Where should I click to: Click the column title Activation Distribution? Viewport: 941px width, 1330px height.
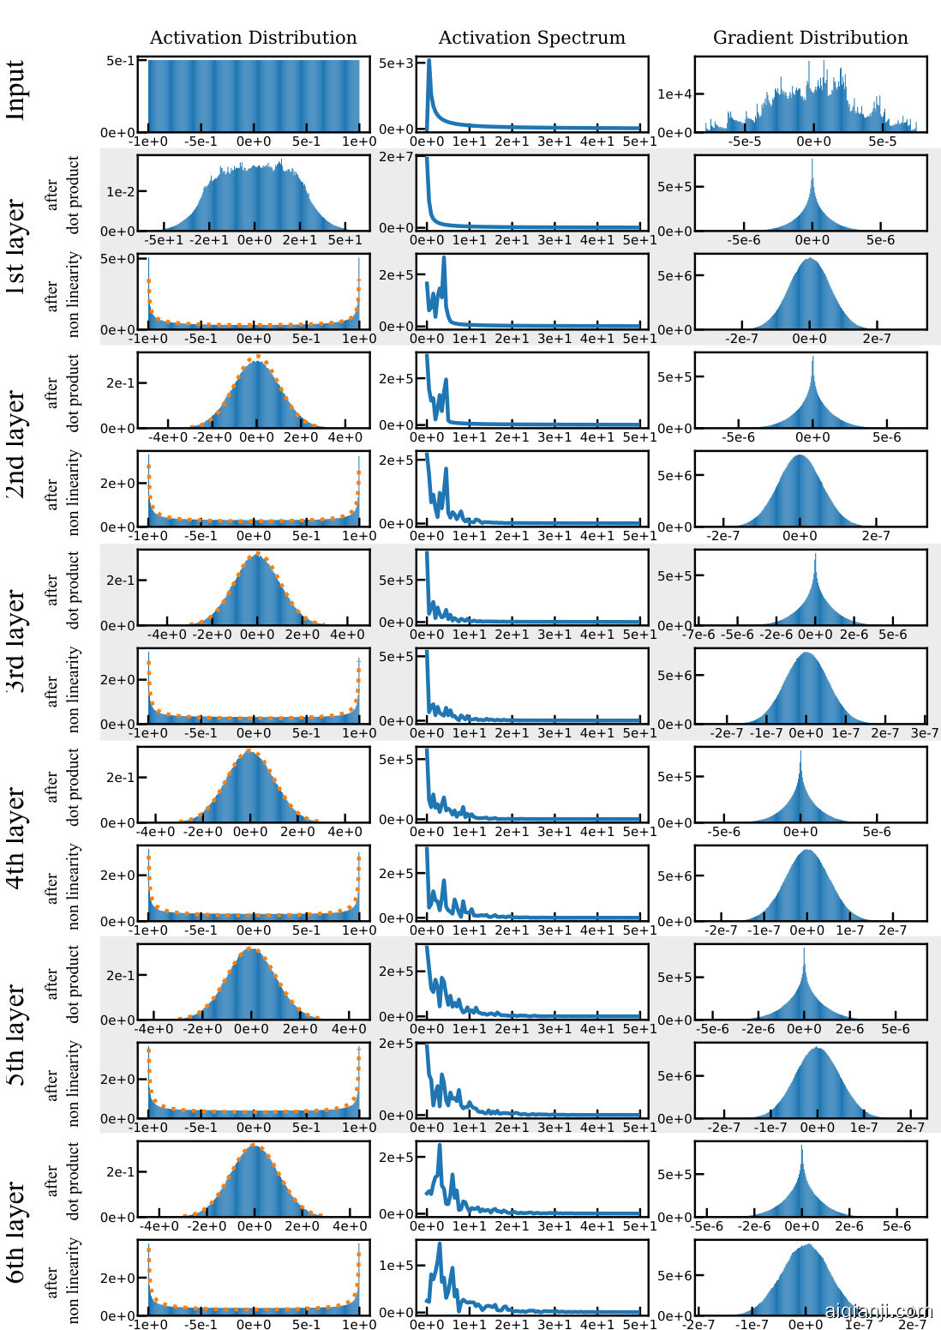click(253, 38)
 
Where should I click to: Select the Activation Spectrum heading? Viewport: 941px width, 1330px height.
click(531, 38)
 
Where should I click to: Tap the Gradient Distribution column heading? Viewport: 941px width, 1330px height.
click(810, 38)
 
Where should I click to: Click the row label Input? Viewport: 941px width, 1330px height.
click(15, 90)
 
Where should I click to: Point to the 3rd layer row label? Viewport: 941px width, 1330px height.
click(15, 641)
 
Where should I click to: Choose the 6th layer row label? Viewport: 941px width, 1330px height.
click(15, 1232)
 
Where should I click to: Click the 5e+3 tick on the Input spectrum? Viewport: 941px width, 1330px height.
click(397, 63)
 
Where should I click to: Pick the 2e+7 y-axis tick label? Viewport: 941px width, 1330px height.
click(397, 157)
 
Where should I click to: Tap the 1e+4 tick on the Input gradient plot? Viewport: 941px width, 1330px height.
click(674, 94)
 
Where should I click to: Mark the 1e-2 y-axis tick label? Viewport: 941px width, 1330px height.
click(120, 192)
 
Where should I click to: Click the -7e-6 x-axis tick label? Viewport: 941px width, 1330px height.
click(698, 635)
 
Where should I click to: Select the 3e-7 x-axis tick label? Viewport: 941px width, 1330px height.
click(924, 733)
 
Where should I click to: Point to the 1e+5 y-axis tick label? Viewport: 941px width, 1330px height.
click(397, 1265)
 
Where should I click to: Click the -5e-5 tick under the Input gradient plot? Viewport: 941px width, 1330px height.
click(744, 141)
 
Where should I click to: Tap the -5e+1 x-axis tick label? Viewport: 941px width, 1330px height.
click(164, 240)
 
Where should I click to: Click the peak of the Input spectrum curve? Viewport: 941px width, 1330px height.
click(429, 61)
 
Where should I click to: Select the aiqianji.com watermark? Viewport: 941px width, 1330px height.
click(878, 1311)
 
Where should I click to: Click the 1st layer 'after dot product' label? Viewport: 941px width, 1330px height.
click(63, 194)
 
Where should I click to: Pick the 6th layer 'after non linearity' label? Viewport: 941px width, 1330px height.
click(63, 1279)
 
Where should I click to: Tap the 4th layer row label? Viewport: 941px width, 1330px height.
click(15, 838)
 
